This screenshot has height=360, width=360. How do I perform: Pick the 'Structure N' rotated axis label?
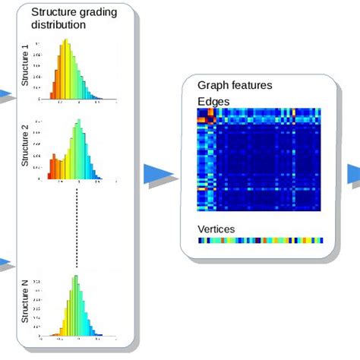pos(24,302)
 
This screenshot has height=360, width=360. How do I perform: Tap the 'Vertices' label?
pos(216,229)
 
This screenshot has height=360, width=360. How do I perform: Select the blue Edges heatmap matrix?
pos(260,159)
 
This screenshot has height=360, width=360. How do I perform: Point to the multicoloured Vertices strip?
pos(260,240)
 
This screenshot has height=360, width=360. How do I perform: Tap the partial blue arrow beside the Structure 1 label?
pos(6,95)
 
